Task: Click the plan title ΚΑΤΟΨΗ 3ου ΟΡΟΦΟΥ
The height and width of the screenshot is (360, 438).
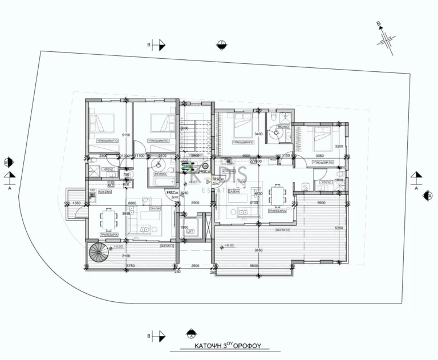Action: (223, 346)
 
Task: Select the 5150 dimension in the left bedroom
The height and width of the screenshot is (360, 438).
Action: (127, 135)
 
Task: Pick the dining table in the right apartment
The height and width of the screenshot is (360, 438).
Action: (278, 196)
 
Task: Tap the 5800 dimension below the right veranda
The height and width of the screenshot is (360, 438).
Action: (253, 266)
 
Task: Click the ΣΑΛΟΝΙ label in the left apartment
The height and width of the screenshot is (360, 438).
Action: (155, 209)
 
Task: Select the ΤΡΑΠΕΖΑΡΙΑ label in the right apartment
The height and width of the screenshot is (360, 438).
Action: (277, 210)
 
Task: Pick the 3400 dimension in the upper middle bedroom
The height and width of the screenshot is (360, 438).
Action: (258, 134)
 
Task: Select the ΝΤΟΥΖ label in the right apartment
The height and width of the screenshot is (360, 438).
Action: (326, 183)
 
